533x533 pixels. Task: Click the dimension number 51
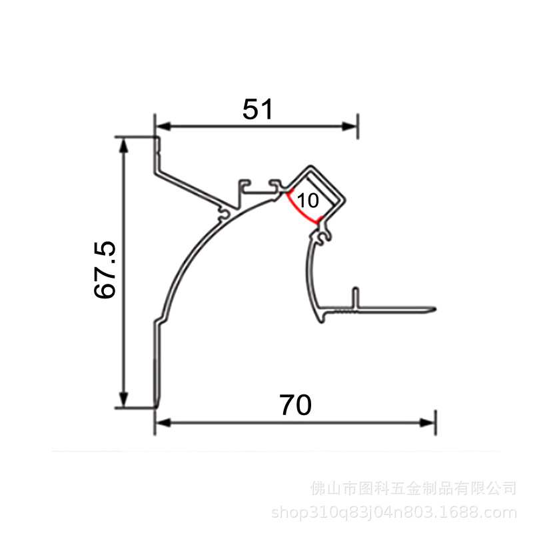(258, 109)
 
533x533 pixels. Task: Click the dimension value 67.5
(105, 270)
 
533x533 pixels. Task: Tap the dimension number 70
(295, 405)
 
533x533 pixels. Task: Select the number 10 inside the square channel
(308, 201)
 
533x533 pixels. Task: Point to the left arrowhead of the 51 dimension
(163, 127)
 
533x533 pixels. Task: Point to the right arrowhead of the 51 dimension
(348, 127)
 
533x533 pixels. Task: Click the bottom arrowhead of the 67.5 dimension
(124, 399)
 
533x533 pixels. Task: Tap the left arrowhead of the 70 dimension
(163, 423)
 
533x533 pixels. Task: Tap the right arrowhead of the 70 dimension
(427, 423)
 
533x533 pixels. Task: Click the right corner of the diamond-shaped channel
(345, 201)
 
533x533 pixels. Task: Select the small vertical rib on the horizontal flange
(355, 297)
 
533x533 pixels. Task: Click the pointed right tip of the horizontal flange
(436, 309)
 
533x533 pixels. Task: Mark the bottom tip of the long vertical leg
(157, 406)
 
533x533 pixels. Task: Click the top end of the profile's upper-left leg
(157, 138)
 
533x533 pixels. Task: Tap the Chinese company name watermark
(413, 488)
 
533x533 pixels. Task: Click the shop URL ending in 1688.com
(394, 512)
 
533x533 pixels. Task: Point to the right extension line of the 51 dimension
(358, 127)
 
